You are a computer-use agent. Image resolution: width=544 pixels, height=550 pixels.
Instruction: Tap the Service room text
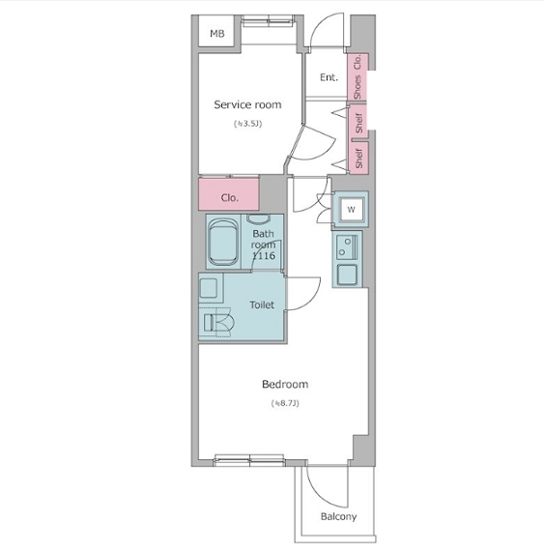pos(247,104)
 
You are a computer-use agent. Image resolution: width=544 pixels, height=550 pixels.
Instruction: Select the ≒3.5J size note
pos(248,124)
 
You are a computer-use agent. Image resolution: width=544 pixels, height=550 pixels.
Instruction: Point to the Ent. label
pos(329,77)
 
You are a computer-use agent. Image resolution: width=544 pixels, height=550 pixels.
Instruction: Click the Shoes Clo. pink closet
pos(358,76)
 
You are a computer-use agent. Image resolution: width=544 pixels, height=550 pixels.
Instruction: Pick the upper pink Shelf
pos(358,121)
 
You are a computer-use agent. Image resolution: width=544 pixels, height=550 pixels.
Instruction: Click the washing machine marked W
pos(351,210)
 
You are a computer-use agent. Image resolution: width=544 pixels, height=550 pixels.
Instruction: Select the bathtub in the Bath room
pos(223,242)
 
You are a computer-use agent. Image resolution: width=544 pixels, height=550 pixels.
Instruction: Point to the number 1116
pos(264,256)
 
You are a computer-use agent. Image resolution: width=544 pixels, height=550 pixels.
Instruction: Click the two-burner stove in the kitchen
pos(347,246)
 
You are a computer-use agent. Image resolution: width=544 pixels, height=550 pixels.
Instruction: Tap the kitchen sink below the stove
pos(347,275)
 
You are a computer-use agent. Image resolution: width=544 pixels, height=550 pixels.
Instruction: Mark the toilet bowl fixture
pos(217,322)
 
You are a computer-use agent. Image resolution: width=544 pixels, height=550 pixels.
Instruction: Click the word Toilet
pos(262,304)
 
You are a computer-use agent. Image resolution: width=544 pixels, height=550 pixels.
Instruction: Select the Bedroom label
pos(285,384)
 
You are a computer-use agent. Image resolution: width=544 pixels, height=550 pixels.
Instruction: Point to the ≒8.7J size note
pos(285,403)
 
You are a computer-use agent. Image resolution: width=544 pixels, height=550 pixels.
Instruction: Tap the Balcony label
pos(338,517)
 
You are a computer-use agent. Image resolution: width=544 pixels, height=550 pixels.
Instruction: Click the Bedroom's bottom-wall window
pos(249,460)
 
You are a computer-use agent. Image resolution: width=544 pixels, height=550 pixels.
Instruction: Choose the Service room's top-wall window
pos(268,20)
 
